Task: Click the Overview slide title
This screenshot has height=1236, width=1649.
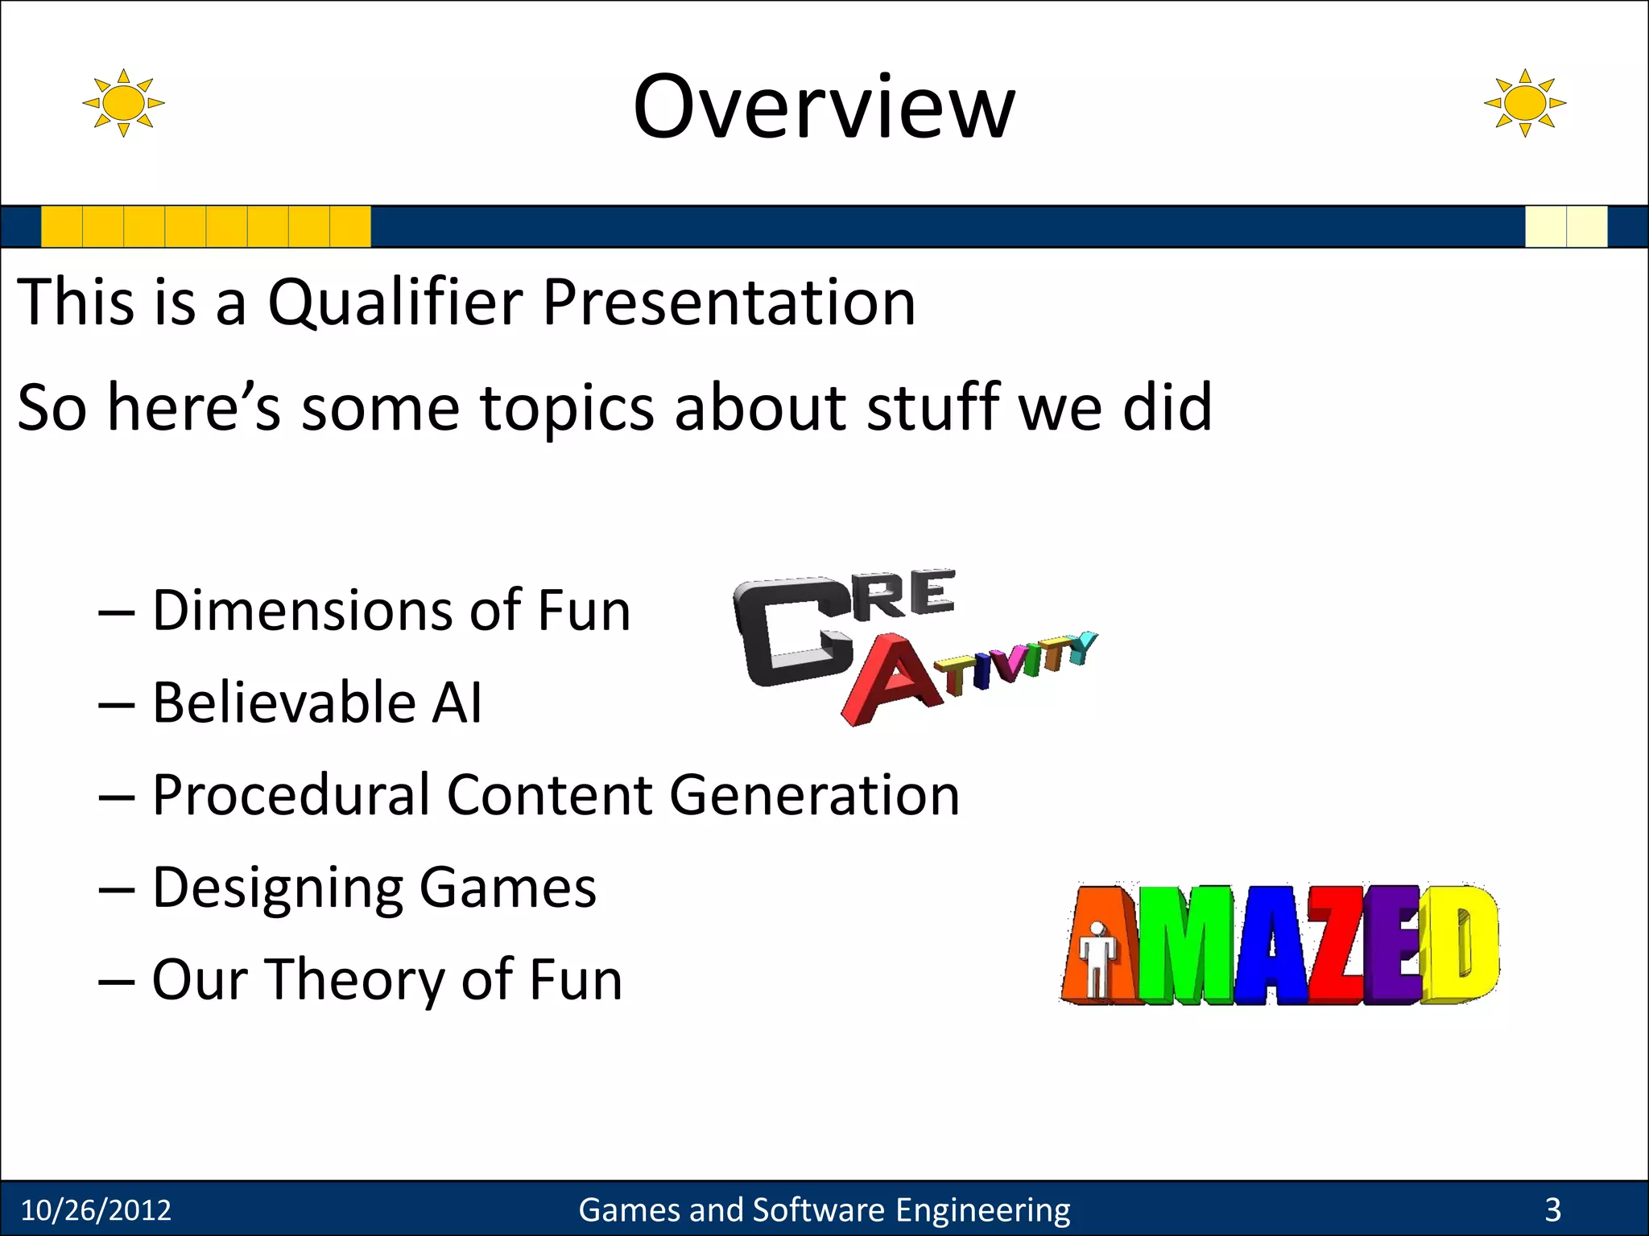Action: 824,106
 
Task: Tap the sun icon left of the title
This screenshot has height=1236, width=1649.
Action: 123,103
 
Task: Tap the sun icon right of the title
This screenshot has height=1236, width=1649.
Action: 1524,103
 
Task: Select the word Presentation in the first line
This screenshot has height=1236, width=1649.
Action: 729,303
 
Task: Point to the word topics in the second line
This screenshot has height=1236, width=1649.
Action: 567,408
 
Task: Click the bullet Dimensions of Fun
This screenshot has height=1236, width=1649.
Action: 391,610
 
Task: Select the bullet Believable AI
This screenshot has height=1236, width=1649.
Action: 316,702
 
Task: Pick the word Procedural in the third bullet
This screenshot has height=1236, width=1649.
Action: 290,795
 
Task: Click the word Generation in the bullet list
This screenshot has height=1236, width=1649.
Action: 814,795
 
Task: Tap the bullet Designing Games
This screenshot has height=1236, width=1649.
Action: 374,888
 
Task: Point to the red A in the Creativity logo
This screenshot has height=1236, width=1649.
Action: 890,680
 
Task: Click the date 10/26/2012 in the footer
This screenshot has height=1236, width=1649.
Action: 96,1210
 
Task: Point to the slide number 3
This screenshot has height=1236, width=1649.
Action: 1552,1210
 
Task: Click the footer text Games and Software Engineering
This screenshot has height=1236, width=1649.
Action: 824,1210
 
